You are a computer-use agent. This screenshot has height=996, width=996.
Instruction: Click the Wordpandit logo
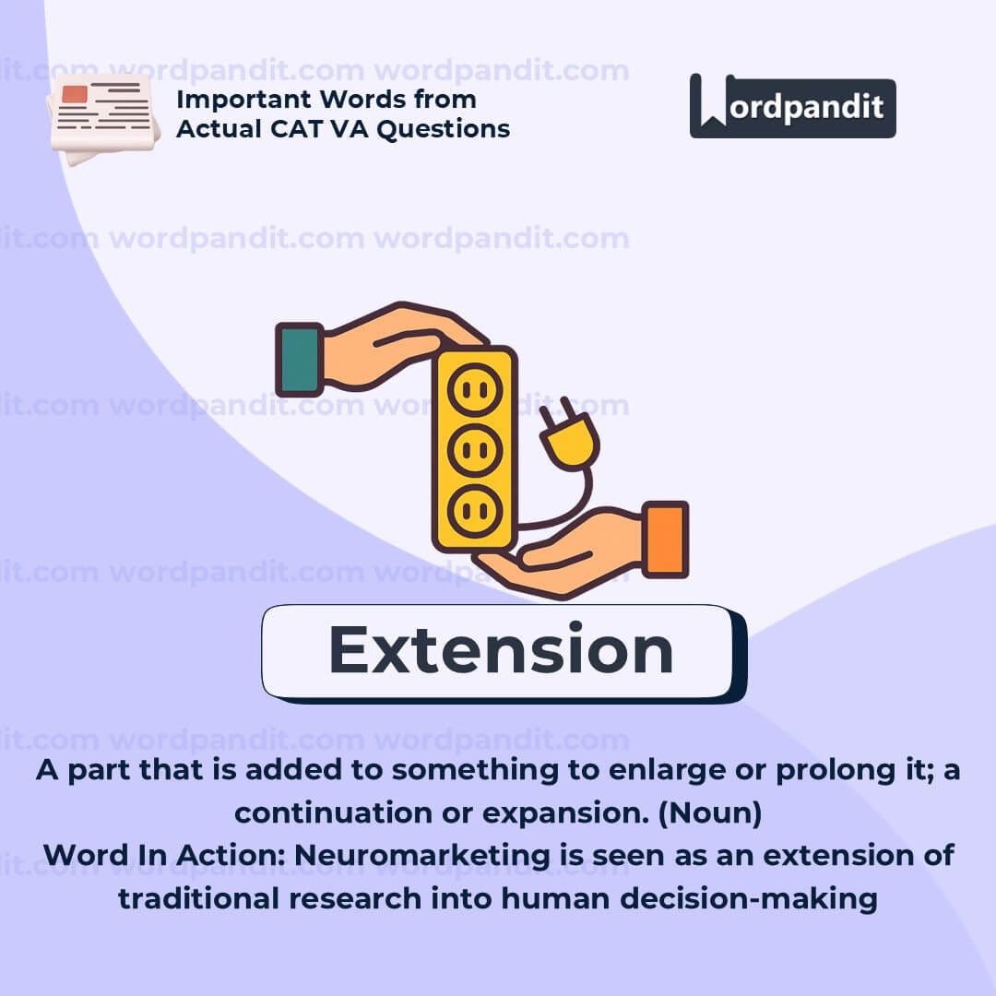793,106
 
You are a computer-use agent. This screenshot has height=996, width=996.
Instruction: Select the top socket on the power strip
475,389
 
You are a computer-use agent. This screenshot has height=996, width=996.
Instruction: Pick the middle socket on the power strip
475,450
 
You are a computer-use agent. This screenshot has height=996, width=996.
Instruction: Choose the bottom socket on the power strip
475,511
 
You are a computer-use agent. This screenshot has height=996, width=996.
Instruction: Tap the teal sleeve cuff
299,360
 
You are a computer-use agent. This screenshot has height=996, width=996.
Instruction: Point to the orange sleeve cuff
666,539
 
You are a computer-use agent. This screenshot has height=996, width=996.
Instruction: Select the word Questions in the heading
444,130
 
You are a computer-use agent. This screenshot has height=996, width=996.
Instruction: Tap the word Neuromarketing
422,856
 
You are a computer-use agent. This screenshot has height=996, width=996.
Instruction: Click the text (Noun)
710,813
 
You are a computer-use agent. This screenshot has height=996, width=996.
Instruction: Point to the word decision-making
749,899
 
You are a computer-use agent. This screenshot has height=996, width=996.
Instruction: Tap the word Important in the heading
243,100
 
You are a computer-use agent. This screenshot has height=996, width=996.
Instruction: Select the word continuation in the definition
333,813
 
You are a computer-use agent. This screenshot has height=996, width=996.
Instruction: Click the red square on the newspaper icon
75,94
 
